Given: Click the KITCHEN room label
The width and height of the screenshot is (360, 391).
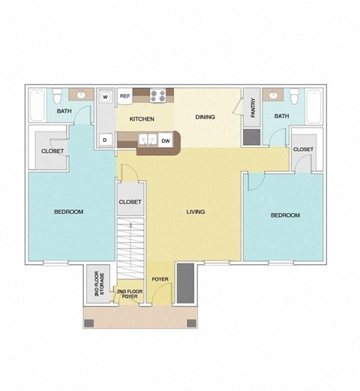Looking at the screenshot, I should pyautogui.click(x=142, y=119).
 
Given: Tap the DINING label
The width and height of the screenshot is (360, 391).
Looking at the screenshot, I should pyautogui.click(x=205, y=117).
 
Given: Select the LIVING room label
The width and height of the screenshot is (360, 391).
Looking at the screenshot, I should pyautogui.click(x=196, y=212).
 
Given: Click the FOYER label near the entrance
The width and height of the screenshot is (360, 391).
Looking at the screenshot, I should pyautogui.click(x=160, y=279).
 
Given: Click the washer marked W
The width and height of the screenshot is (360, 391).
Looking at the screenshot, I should pyautogui.click(x=106, y=97).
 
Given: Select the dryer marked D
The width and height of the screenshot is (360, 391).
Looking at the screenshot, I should pyautogui.click(x=106, y=140).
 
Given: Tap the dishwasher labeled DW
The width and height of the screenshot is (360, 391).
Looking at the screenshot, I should pyautogui.click(x=165, y=140).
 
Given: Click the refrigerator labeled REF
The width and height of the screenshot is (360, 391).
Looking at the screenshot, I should pyautogui.click(x=126, y=97).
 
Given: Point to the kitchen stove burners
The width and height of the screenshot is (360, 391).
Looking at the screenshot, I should pyautogui.click(x=159, y=95).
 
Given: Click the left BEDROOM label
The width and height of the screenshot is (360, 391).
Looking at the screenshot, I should pyautogui.click(x=68, y=212).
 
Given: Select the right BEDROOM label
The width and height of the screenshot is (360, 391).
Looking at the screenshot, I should pyautogui.click(x=285, y=215).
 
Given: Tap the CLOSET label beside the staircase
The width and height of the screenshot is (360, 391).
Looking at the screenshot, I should pyautogui.click(x=130, y=202).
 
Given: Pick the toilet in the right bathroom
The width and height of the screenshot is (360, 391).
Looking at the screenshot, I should pyautogui.click(x=296, y=98).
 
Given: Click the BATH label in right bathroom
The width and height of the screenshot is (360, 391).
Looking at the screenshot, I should pyautogui.click(x=281, y=116).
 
